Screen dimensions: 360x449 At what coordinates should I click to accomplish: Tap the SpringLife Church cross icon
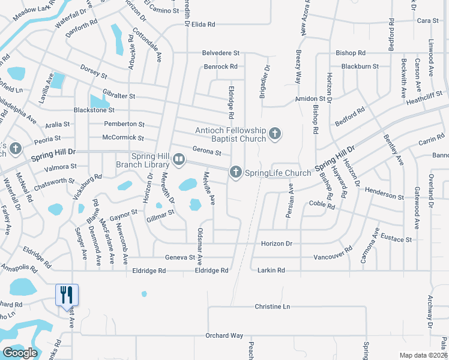point(235,173)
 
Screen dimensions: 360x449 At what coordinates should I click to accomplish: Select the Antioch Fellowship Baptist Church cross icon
point(275,134)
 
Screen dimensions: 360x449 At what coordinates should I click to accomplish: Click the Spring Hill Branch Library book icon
point(179,160)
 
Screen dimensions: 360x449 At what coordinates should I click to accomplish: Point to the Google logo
point(20,353)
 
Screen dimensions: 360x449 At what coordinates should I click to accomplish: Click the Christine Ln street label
point(272,306)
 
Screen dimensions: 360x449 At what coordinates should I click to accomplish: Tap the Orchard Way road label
point(224,335)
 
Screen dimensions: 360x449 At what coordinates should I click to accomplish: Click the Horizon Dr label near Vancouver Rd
point(276,244)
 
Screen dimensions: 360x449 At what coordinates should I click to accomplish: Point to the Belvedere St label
point(220,53)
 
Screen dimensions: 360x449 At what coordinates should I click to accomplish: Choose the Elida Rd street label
point(203,24)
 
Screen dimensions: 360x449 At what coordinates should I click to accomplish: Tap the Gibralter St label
point(118,96)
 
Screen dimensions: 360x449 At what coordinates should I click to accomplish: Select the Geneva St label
point(180,257)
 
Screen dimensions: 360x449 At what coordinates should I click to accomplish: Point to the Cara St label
point(427,20)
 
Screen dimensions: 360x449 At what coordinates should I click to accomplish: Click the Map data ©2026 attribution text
point(423,355)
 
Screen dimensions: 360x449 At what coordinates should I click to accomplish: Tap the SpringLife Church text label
point(277,173)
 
